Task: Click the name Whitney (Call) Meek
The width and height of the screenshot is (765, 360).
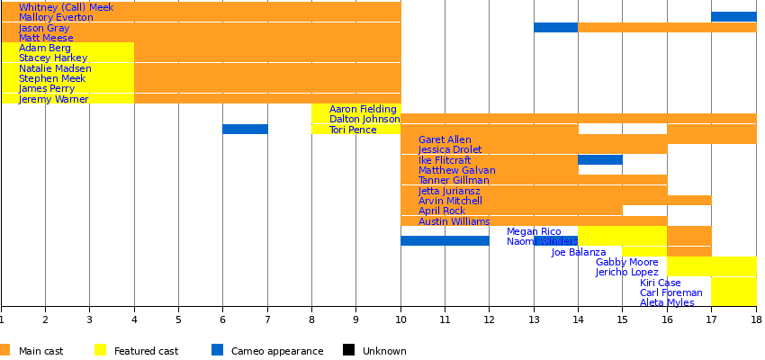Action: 66,7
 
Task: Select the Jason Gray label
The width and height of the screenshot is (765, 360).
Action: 44,28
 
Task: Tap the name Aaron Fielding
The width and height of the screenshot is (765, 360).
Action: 363,109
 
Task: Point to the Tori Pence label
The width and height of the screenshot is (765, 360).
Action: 353,130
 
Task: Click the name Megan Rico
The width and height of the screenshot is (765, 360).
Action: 534,231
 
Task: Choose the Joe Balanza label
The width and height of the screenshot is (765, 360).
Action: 579,252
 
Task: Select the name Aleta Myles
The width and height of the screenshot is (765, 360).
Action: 667,302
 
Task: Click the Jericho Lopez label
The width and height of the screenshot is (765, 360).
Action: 626,272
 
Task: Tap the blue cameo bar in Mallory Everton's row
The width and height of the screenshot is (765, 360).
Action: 733,17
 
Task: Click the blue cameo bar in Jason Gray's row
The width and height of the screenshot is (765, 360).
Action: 555,28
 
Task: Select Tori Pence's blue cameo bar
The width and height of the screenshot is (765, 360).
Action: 245,130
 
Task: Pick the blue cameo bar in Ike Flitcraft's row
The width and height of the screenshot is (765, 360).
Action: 599,160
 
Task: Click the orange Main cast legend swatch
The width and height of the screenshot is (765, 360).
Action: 5,350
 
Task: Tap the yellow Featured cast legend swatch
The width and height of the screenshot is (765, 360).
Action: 101,350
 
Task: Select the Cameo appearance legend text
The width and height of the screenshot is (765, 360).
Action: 277,351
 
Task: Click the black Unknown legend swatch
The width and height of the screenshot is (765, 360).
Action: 348,350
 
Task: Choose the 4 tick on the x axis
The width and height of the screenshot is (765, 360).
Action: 134,318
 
